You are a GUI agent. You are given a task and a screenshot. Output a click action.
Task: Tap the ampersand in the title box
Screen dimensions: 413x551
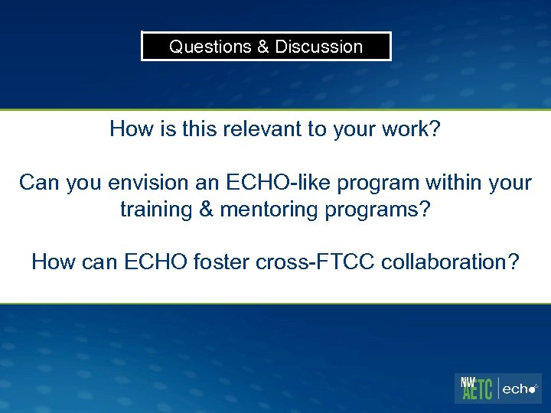tap(263, 47)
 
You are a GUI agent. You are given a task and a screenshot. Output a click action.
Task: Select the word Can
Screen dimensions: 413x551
tap(37, 183)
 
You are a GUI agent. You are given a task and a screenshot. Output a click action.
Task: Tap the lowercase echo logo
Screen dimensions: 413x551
tap(520, 389)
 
